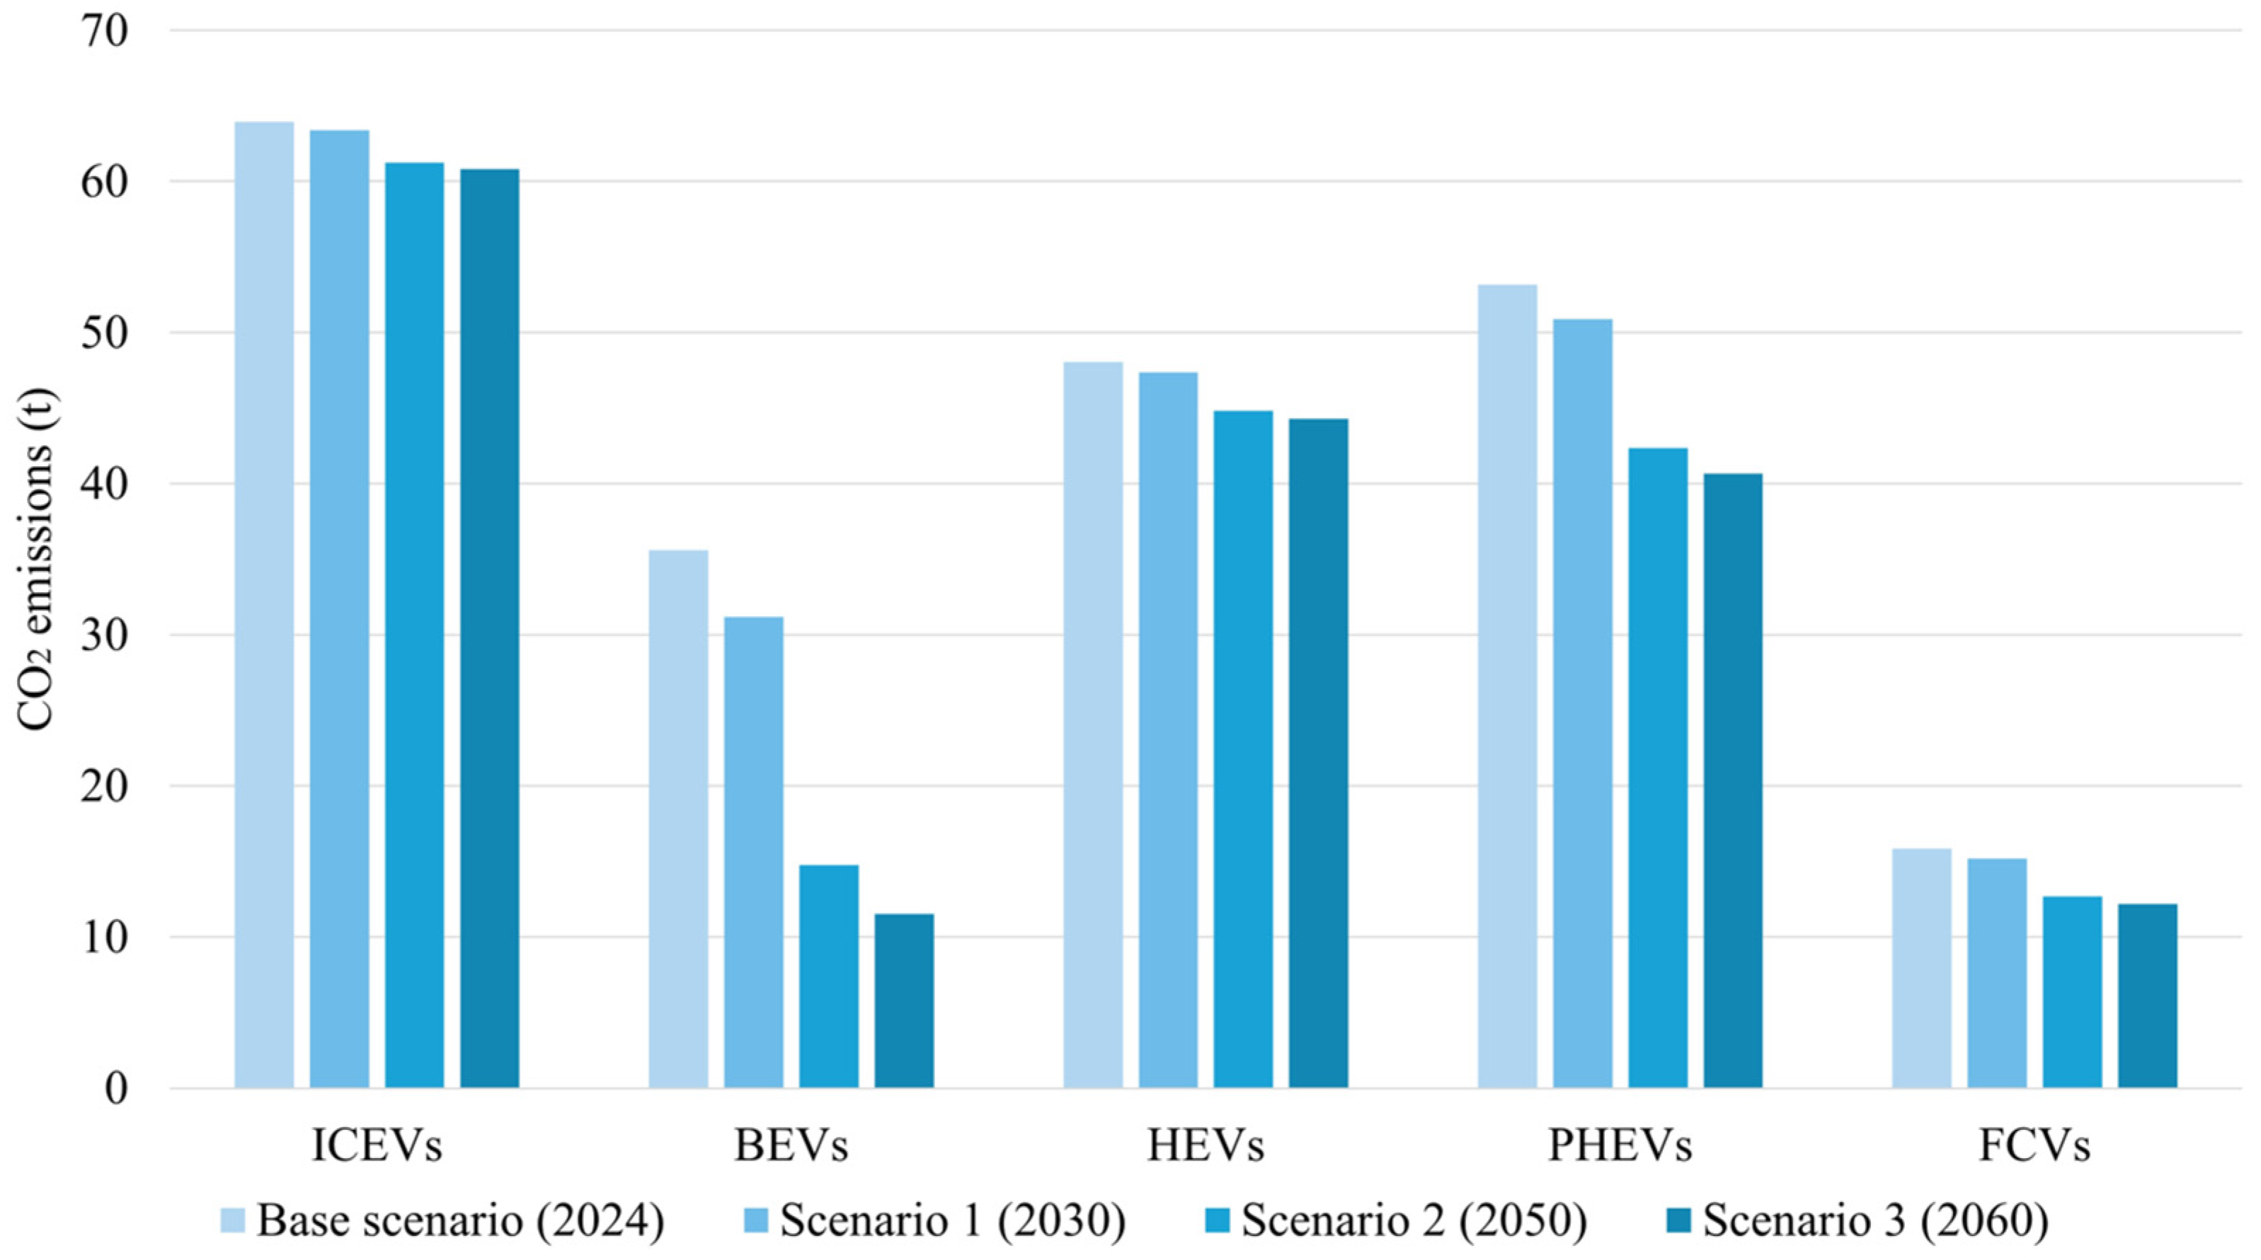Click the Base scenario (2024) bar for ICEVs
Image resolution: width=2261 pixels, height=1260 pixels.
pyautogui.click(x=264, y=605)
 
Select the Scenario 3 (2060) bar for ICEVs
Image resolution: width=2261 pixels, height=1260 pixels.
pyautogui.click(x=490, y=628)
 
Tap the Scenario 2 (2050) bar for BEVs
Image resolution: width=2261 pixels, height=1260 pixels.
pyautogui.click(x=828, y=976)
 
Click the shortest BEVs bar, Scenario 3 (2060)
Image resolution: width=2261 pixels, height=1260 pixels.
pyautogui.click(x=904, y=1001)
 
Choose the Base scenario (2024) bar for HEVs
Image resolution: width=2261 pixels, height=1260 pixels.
pyautogui.click(x=1093, y=724)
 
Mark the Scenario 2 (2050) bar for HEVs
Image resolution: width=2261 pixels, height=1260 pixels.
pyautogui.click(x=1243, y=749)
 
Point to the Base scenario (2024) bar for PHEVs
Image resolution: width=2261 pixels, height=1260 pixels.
pyautogui.click(x=1507, y=686)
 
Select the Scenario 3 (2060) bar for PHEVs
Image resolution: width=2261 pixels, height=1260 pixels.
pyautogui.click(x=1734, y=781)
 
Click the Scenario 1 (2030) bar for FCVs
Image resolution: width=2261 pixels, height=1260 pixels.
pyautogui.click(x=1997, y=973)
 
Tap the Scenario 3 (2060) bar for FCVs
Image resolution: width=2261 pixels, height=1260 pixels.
pyautogui.click(x=2148, y=996)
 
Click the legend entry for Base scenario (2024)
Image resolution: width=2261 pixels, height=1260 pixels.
pyautogui.click(x=442, y=1220)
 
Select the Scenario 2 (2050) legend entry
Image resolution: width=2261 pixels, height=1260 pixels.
pyautogui.click(x=1399, y=1220)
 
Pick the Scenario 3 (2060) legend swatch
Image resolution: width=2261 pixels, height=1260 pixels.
pyautogui.click(x=1683, y=1220)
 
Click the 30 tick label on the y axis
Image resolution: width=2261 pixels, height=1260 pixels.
pyautogui.click(x=105, y=635)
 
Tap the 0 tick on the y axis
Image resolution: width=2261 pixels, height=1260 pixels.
pyautogui.click(x=117, y=1088)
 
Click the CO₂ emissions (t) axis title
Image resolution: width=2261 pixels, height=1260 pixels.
pyautogui.click(x=36, y=559)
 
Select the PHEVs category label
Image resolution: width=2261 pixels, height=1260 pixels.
pyautogui.click(x=1620, y=1145)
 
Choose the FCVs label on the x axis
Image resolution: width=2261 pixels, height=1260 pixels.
pyautogui.click(x=2034, y=1145)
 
